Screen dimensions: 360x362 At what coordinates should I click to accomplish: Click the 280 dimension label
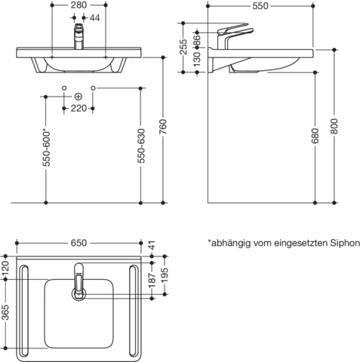point(78,5)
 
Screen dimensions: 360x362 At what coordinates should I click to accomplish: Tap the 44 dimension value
point(94,18)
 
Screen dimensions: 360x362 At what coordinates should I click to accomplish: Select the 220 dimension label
point(78,109)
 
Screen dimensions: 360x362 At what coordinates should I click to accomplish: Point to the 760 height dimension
point(163,127)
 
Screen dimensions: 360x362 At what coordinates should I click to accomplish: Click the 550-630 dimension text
point(141,146)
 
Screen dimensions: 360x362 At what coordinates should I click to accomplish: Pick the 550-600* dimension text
point(47,149)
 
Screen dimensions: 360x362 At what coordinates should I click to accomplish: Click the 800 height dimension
point(334,127)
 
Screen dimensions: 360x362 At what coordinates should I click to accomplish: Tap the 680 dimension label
point(315,136)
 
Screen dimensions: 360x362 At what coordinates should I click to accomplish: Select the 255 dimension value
point(183,47)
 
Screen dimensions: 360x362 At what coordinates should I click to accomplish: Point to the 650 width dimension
point(78,243)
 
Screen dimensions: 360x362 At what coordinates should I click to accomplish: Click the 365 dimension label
point(5,312)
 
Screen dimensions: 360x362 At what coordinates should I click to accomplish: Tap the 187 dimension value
point(152,280)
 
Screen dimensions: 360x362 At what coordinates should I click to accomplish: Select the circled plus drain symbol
point(78,97)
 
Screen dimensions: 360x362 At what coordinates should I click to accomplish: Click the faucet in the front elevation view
point(78,36)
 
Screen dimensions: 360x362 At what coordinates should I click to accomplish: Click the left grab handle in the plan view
point(24,311)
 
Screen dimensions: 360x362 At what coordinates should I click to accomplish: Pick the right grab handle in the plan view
point(134,311)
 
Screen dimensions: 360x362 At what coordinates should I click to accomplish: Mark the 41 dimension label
point(152,245)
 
